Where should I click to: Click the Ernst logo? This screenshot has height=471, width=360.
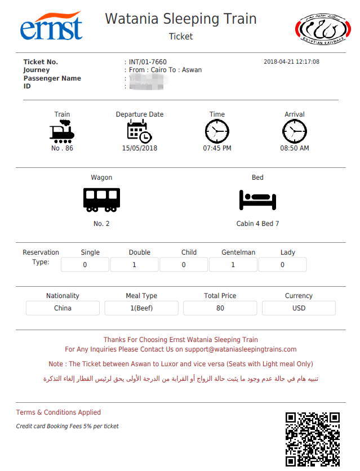[51, 26]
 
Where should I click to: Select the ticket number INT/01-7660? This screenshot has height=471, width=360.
[148, 62]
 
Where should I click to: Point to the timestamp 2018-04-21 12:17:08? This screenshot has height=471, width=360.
[291, 62]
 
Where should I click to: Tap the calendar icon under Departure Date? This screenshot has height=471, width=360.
[139, 131]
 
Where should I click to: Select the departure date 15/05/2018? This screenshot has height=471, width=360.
[140, 148]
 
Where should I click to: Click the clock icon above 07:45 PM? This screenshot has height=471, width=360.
[217, 132]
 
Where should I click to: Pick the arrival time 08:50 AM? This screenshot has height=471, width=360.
[295, 148]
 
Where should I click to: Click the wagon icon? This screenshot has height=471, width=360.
[101, 199]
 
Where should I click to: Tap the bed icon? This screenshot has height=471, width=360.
[257, 199]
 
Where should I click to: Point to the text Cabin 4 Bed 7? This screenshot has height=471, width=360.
[257, 224]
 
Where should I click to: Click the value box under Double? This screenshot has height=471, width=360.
[134, 265]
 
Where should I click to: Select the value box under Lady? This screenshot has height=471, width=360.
[282, 265]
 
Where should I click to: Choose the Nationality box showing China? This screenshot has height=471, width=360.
[63, 308]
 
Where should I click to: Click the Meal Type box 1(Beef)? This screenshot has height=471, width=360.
[141, 308]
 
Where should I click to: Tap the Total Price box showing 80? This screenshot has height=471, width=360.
[220, 308]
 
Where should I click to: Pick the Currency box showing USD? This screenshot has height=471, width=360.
[299, 308]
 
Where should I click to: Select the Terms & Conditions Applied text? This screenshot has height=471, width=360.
[59, 412]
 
